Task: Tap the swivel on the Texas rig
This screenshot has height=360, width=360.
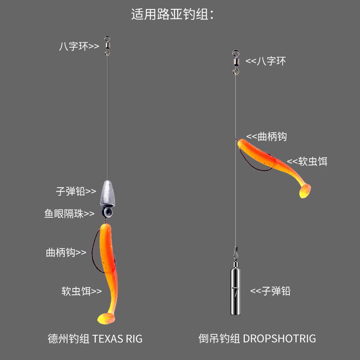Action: [x=107, y=45]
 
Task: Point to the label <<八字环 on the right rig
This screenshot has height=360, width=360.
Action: [x=265, y=61]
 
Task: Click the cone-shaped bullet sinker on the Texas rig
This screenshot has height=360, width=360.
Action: [x=108, y=193]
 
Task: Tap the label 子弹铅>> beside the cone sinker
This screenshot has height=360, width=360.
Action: [x=76, y=191]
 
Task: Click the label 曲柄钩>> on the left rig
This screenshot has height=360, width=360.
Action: [x=66, y=252]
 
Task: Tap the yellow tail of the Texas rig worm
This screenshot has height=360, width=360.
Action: [x=106, y=317]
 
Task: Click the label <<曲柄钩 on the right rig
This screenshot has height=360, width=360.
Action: [x=267, y=137]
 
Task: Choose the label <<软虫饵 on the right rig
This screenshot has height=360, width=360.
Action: [x=307, y=161]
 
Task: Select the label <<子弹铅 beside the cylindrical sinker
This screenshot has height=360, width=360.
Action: [x=270, y=291]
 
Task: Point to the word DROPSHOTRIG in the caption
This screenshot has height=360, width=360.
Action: [x=279, y=338]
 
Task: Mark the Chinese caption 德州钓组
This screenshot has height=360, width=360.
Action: [x=68, y=338]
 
